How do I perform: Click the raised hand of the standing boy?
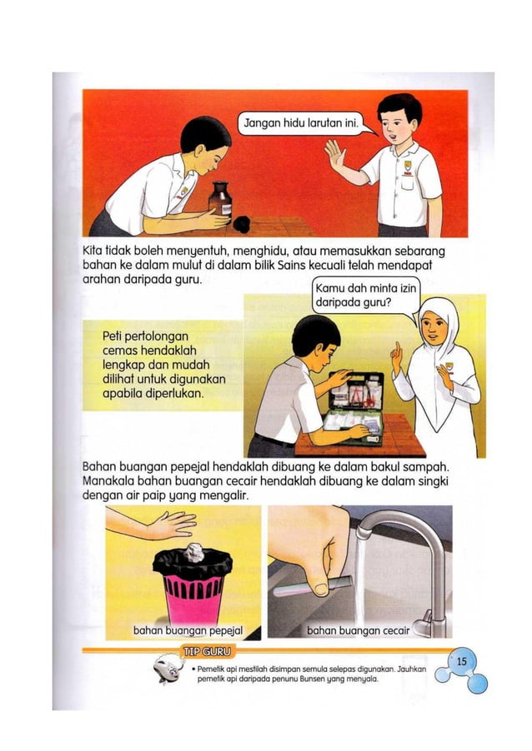[x=334, y=156]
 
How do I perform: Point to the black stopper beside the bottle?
[x=243, y=222]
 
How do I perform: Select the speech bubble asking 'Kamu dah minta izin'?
[x=364, y=296]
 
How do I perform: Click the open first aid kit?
[x=356, y=408]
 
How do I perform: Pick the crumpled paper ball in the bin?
[x=193, y=551]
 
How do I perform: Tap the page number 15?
[x=463, y=660]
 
